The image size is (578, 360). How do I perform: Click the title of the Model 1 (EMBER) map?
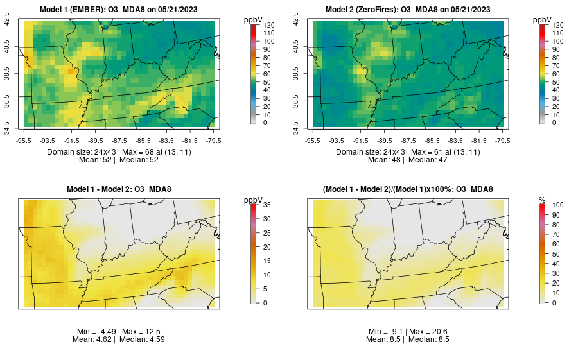119,9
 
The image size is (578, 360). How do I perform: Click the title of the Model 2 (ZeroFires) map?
408,9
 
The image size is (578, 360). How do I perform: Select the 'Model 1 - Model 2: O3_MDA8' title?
119,189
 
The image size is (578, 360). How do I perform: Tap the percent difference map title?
408,189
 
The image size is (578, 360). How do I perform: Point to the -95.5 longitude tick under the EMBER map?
24,140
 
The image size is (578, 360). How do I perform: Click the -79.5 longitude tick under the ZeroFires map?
503,140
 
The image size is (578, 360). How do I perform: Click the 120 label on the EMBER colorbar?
269,24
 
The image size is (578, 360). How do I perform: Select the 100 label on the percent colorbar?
558,205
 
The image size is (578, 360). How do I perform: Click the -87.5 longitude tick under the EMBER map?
119,140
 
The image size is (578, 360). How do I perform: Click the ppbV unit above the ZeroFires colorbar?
543,20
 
